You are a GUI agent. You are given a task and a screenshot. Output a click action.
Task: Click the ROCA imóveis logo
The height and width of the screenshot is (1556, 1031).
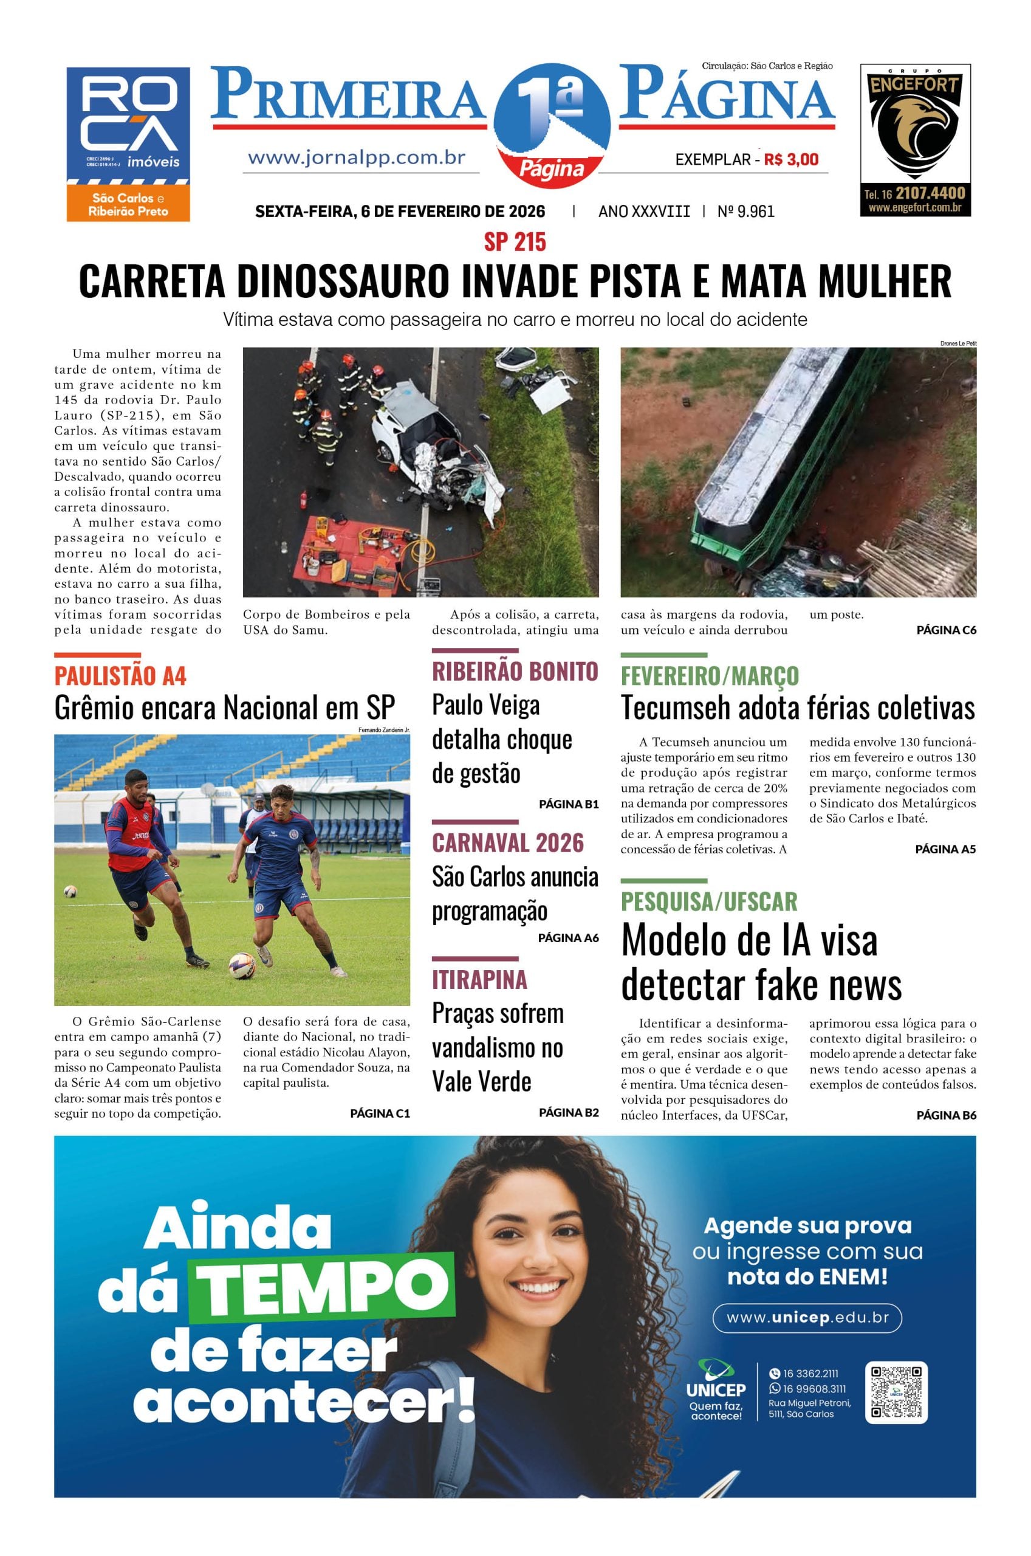(128, 143)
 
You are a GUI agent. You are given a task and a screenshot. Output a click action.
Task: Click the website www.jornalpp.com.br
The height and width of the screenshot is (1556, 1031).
(357, 159)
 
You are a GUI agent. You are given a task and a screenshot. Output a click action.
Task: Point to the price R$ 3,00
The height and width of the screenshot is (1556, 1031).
(791, 159)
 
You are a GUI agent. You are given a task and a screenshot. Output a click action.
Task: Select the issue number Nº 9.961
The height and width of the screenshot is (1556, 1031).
(745, 211)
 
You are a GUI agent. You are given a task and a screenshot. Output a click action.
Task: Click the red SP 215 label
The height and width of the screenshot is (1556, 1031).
(515, 242)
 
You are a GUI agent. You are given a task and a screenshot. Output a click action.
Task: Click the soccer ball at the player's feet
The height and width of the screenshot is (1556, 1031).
(241, 965)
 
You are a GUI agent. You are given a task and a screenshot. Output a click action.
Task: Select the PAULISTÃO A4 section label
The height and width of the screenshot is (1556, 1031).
(120, 675)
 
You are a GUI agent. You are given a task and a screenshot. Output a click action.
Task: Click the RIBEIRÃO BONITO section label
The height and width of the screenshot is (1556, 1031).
(515, 672)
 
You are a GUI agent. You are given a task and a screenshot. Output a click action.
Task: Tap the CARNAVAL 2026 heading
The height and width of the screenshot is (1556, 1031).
(508, 842)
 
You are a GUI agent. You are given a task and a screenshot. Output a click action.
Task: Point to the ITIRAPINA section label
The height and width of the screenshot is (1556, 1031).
(479, 979)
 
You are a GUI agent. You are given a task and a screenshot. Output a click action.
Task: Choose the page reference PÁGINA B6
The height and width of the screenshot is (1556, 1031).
(945, 1115)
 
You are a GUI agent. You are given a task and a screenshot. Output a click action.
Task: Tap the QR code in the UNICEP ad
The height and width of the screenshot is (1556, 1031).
(896, 1392)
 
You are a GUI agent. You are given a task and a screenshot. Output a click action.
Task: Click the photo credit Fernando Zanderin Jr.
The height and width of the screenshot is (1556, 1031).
(384, 730)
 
